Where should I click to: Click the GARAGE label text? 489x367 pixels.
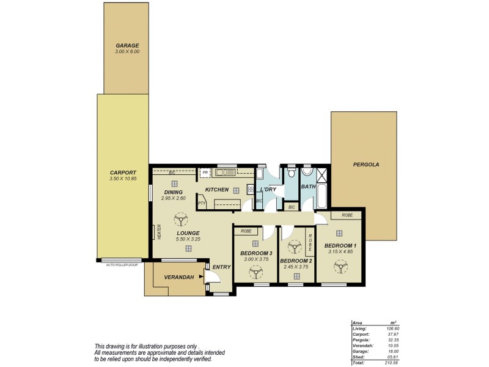point(128,45)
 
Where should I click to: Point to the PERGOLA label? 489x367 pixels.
point(366,165)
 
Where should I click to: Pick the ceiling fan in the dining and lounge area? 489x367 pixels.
point(180,218)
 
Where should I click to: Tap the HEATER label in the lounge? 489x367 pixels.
point(158,232)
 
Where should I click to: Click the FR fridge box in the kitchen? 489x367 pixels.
point(205,173)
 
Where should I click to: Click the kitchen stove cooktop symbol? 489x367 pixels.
point(249,189)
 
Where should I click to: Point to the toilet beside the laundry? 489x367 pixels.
point(292,174)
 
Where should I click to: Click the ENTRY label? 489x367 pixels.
point(221,267)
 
